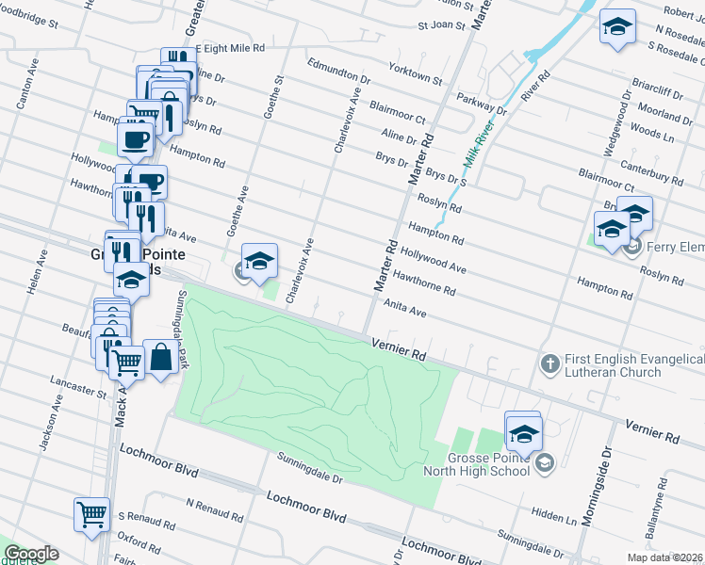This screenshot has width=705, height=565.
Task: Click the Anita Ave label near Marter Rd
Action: pos(405,307)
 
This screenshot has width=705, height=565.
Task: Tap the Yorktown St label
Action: pos(416,73)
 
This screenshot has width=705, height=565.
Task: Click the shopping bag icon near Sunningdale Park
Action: pos(160,358)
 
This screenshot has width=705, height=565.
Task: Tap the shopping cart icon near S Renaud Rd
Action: pos(92,515)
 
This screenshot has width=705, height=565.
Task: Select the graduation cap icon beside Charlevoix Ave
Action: pos(260,261)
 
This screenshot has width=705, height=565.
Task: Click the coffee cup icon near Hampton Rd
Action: pos(136,139)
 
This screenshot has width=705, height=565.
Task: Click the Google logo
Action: pos(31,554)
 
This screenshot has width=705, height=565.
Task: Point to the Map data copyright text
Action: pos(665,557)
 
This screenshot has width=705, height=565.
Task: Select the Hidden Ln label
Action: pos(553,517)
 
